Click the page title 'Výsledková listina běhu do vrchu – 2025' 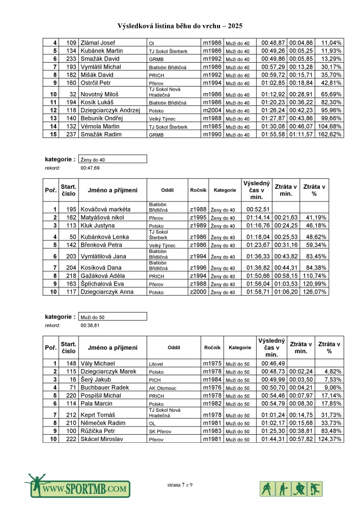[180, 25]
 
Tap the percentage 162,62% [329, 134]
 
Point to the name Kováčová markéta [106, 209]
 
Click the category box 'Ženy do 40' [113, 159]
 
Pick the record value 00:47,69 [90, 167]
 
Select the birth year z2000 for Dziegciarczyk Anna [198, 292]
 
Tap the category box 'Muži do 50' [113, 316]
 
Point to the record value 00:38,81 [90, 324]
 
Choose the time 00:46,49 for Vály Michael [273, 363]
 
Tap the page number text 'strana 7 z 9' [180, 485]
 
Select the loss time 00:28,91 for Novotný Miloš [300, 94]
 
